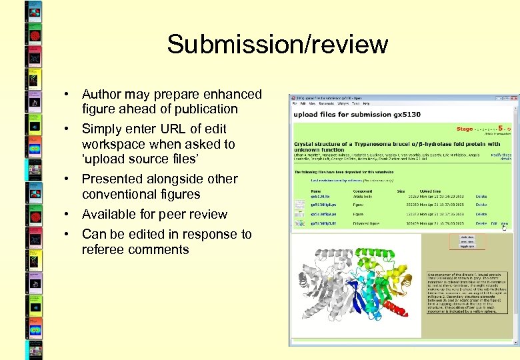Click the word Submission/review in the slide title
tap(277, 45)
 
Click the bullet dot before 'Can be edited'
tap(67, 235)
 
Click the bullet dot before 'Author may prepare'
tap(67, 95)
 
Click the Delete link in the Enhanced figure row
tap(481, 224)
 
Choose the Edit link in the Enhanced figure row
tap(494, 224)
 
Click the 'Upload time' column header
tap(431, 191)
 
